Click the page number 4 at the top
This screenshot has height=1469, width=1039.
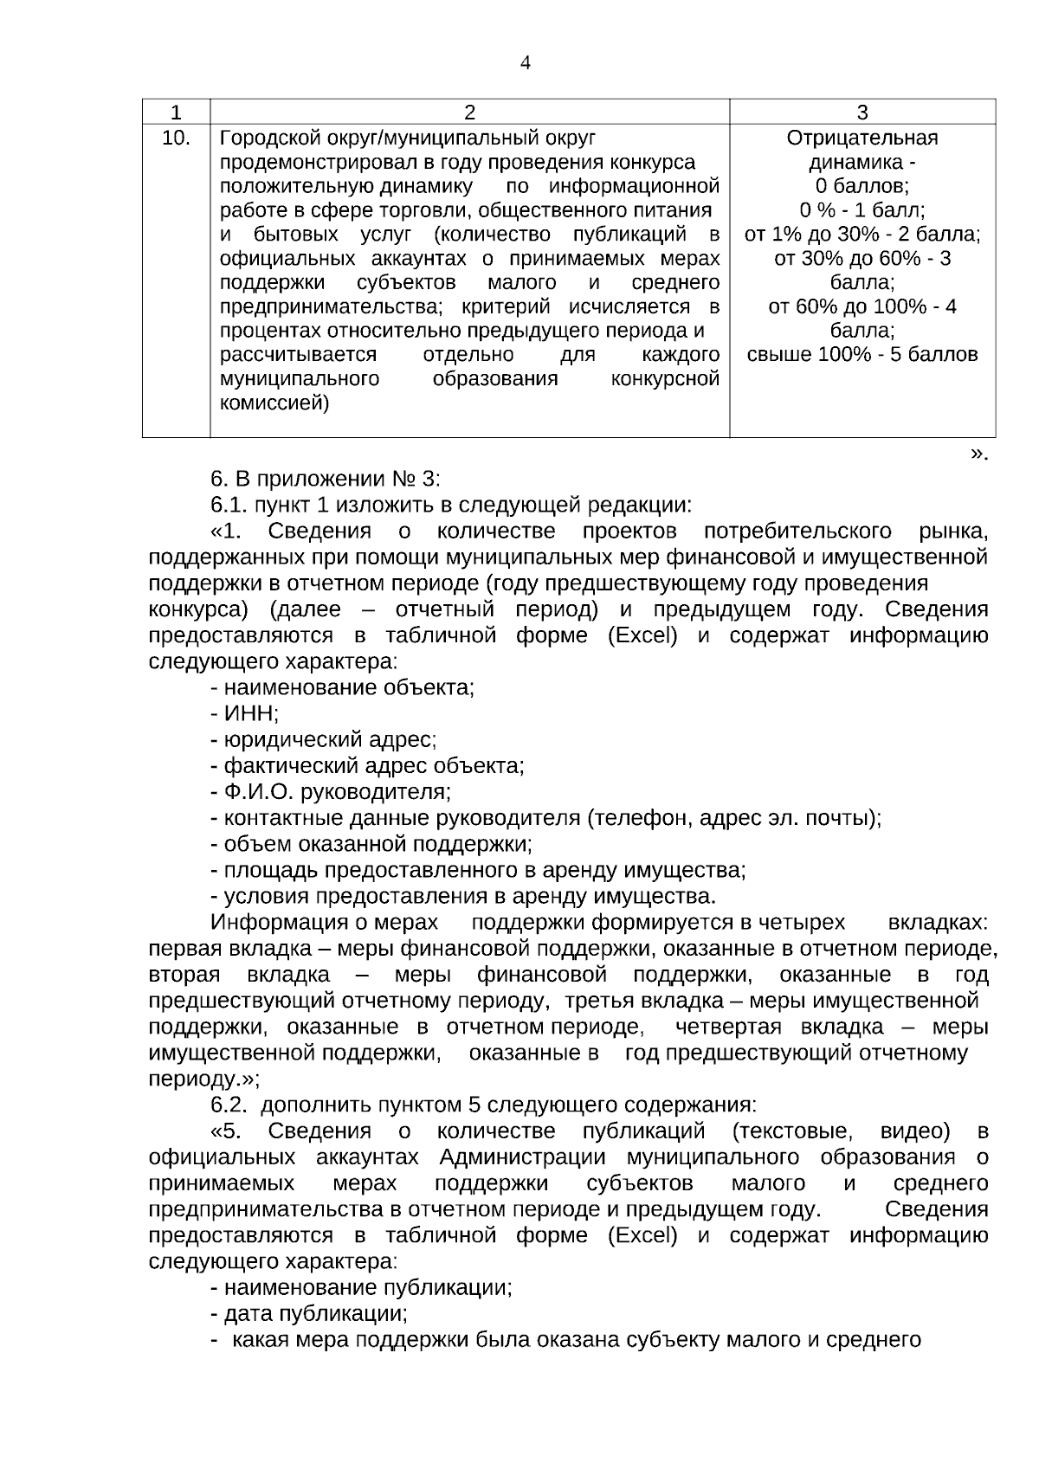pyautogui.click(x=525, y=63)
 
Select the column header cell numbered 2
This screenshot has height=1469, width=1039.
pyautogui.click(x=469, y=113)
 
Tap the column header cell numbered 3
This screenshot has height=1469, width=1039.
pyautogui.click(x=862, y=113)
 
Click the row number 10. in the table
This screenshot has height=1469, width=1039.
pyautogui.click(x=177, y=138)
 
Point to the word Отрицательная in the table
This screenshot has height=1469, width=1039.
pyautogui.click(x=862, y=139)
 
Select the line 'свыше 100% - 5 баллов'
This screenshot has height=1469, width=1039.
pyautogui.click(x=862, y=355)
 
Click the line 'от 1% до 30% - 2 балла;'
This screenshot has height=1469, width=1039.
pyautogui.click(x=862, y=235)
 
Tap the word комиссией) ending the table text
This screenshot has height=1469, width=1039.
pyautogui.click(x=274, y=403)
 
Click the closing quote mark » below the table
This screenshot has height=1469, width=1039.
pyautogui.click(x=978, y=454)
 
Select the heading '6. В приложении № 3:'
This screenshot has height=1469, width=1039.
pyautogui.click(x=326, y=479)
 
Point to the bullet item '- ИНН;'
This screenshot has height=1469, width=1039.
pyautogui.click(x=244, y=714)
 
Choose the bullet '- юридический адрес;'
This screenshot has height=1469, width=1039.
pyautogui.click(x=323, y=740)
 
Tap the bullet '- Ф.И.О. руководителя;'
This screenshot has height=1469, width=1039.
pyautogui.click(x=330, y=792)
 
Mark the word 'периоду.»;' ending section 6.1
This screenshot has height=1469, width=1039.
pyautogui.click(x=203, y=1079)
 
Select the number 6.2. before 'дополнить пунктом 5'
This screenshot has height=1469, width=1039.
pyautogui.click(x=229, y=1105)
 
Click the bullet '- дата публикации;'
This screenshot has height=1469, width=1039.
pyautogui.click(x=308, y=1314)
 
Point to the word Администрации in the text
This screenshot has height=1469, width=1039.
pyautogui.click(x=526, y=1157)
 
